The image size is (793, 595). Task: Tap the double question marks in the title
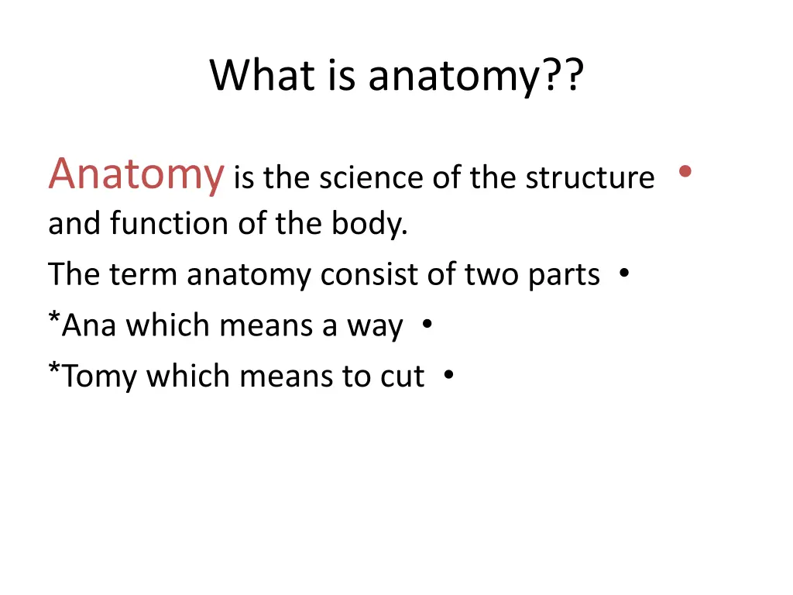click(561, 76)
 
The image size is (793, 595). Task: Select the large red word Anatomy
click(136, 174)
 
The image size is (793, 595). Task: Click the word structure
click(590, 178)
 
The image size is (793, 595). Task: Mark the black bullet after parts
click(623, 273)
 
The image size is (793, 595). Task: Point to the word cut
click(402, 377)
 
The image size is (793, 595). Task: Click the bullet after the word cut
click(449, 375)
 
